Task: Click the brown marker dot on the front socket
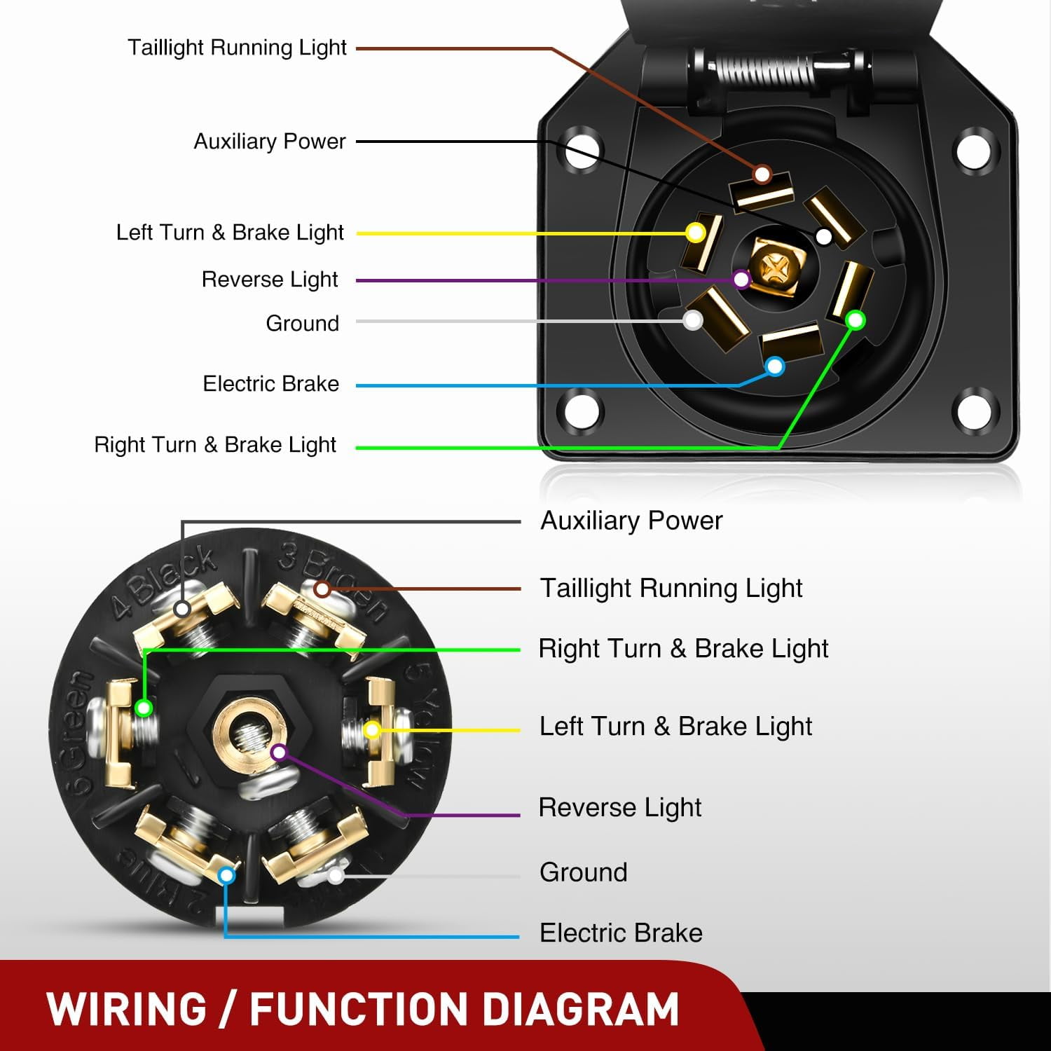pyautogui.click(x=762, y=174)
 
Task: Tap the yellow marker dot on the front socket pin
pyautogui.click(x=696, y=233)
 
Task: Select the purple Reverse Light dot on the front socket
pyautogui.click(x=742, y=280)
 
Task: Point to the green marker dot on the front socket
pyautogui.click(x=856, y=320)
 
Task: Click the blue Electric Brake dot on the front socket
pyautogui.click(x=775, y=366)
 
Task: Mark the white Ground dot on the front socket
pyautogui.click(x=693, y=321)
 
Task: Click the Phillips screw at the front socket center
pyautogui.click(x=775, y=266)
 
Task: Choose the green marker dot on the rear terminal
pyautogui.click(x=144, y=708)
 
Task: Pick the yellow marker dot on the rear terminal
pyautogui.click(x=372, y=730)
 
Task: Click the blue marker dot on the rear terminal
pyautogui.click(x=226, y=875)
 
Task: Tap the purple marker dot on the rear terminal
pyautogui.click(x=279, y=753)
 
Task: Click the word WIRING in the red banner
pyautogui.click(x=127, y=1010)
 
